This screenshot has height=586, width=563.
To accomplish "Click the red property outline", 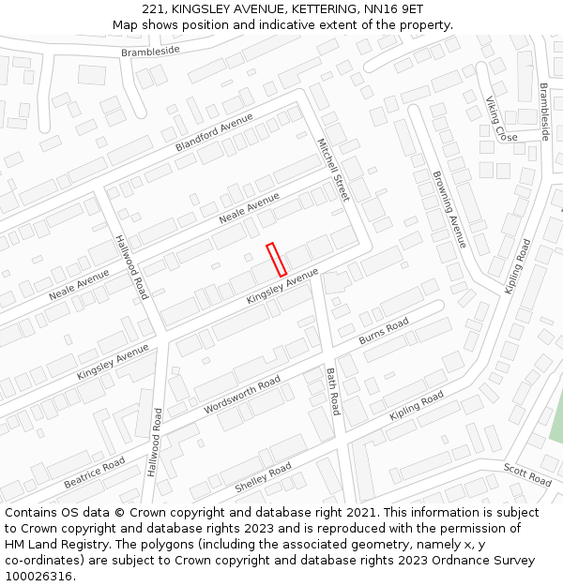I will tap(276, 260).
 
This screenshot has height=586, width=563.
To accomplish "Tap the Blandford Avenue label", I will tap(215, 133).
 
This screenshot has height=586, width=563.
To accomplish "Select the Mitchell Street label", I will tap(332, 170).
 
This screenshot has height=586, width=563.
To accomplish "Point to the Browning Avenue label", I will tap(449, 209).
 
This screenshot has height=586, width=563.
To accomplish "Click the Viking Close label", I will tap(501, 119).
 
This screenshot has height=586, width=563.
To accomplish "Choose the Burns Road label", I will tap(384, 331).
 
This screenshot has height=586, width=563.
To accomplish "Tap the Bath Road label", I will tap(333, 391).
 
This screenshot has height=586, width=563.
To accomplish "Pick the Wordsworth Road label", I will tap(242, 395).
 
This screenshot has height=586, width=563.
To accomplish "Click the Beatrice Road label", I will tap(94, 473).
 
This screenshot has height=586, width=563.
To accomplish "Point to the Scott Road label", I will tap(527, 474).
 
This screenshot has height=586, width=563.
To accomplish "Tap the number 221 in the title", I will tap(155, 8).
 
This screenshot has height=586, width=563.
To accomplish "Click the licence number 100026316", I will tap(38, 577).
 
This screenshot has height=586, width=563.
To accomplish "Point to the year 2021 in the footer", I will tap(359, 513).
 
